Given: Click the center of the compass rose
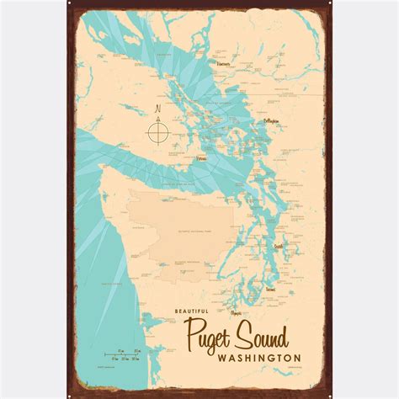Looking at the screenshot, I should (x=157, y=132).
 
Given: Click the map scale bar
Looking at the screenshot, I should (x=127, y=354).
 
